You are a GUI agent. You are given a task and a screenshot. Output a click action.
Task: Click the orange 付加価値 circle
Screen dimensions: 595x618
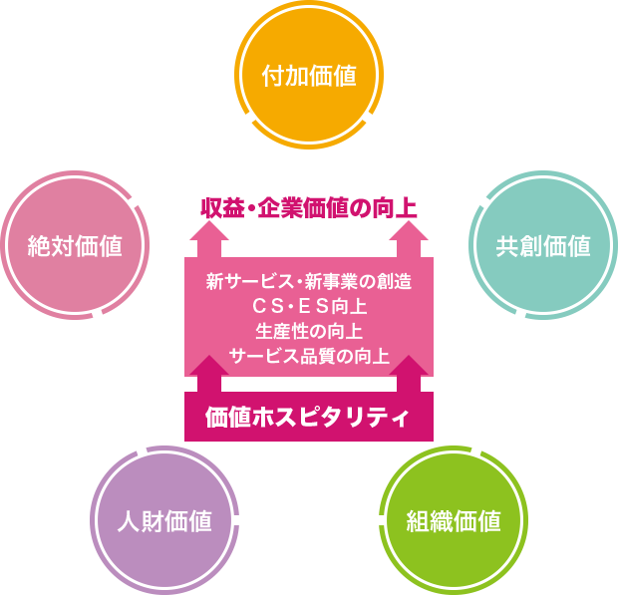[308, 76]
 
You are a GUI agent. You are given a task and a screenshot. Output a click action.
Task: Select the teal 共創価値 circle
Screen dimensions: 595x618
[542, 245]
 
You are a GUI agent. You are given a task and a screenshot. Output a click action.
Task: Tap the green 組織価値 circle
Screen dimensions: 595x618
[454, 520]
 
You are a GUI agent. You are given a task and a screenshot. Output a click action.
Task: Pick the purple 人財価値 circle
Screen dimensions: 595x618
[163, 520]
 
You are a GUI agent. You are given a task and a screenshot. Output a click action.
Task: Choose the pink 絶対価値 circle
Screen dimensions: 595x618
[76, 245]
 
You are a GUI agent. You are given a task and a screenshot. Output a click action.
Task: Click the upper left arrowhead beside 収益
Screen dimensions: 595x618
[207, 241]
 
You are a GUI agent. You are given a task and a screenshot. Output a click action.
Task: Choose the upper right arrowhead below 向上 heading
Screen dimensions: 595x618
[409, 241]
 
